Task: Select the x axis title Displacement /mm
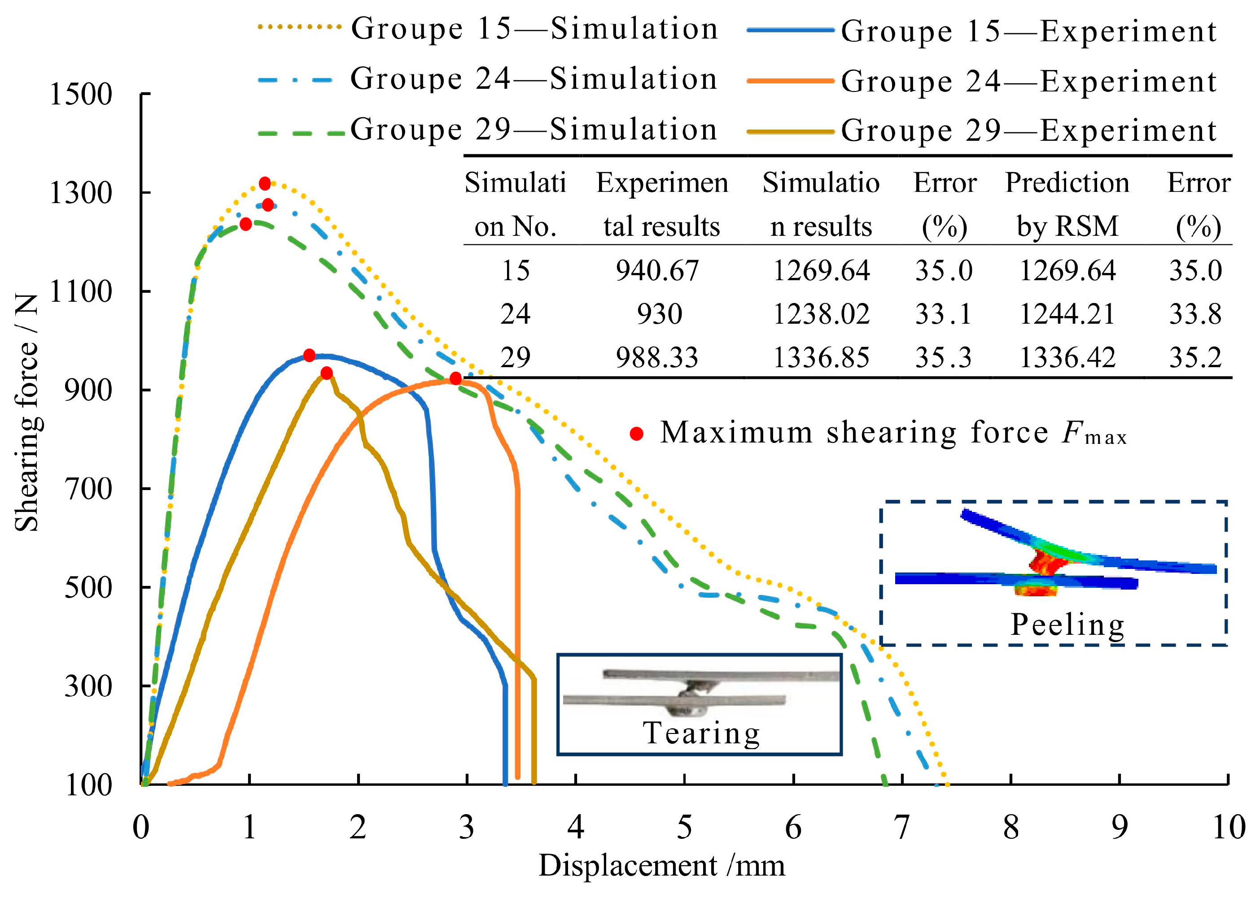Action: [661, 866]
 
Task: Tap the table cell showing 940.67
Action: [657, 271]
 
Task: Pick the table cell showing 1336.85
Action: [821, 358]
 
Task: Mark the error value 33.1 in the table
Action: [943, 314]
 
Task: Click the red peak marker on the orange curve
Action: [455, 378]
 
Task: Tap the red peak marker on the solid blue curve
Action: [310, 356]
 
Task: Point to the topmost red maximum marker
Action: [265, 183]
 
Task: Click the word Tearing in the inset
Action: [701, 733]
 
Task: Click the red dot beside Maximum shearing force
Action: [637, 434]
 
